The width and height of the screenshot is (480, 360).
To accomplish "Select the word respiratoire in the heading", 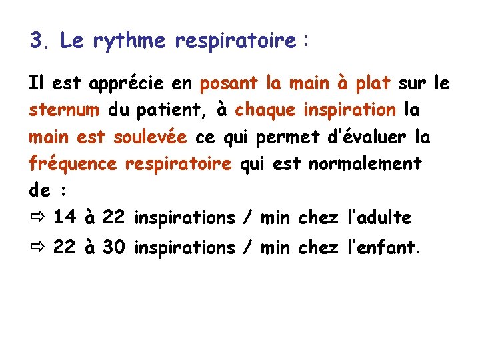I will point(235,41).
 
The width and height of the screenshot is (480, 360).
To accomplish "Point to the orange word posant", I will point(229,84).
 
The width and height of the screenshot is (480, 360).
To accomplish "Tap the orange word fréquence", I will point(73,164).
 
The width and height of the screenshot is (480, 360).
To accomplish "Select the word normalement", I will point(365,163).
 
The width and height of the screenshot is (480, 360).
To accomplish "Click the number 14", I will point(64,217).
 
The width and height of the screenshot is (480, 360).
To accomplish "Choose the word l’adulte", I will point(380,217).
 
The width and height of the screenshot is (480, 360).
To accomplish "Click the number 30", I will point(114,248).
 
